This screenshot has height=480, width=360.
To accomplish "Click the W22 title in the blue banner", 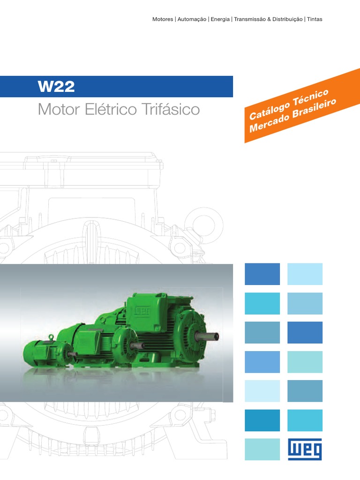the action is pos(56,87).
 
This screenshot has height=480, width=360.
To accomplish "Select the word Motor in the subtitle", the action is pos(59,109).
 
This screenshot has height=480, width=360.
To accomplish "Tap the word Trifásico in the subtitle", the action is pos(171,109).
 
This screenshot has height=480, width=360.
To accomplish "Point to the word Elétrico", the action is pos(111,109).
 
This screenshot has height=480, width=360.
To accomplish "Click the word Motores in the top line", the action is pos(163,19).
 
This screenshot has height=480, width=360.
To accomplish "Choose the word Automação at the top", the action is pos(192,19).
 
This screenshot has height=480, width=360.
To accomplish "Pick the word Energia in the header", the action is pos(220,19).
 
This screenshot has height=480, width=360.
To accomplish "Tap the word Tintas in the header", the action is pos(315,19).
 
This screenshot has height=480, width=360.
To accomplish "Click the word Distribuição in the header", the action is pos(287,19).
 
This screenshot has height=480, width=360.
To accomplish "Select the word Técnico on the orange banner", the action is pos(310,98).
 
